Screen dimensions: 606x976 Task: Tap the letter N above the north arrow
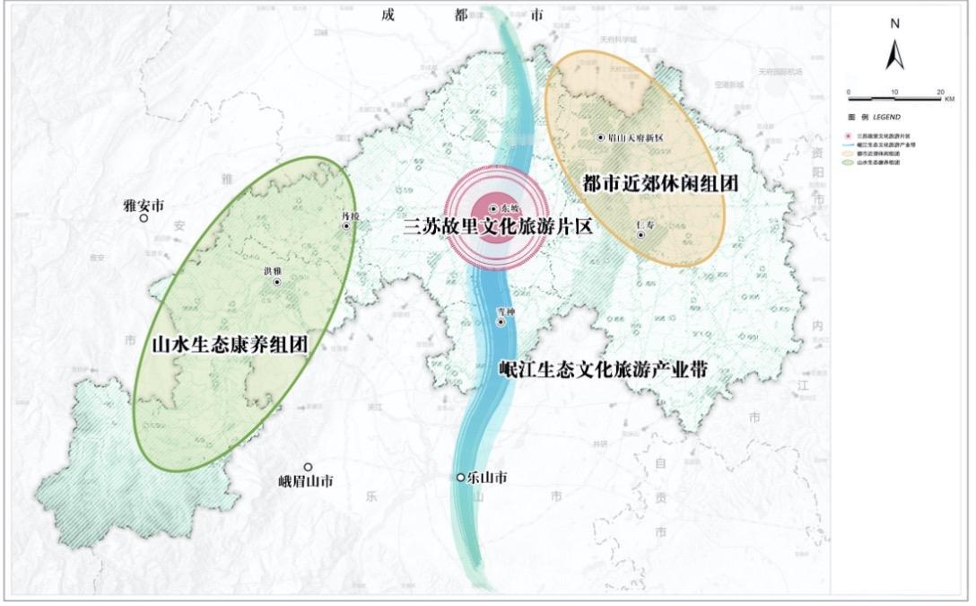(894, 24)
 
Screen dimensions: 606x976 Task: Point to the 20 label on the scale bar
(939, 92)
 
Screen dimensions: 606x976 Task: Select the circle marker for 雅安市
(144, 218)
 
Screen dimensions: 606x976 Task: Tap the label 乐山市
(487, 478)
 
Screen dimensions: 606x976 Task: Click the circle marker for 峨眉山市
(308, 467)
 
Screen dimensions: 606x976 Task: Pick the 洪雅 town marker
(277, 282)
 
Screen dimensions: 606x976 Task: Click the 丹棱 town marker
(346, 226)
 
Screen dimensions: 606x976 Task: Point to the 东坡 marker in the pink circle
(493, 209)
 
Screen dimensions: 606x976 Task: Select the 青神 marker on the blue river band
(501, 321)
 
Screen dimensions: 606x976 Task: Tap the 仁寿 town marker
(640, 235)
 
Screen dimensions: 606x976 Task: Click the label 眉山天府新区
(636, 138)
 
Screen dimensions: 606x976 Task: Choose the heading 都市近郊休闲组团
(660, 183)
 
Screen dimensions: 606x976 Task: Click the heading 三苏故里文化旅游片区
(498, 227)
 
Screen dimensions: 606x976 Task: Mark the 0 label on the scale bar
(848, 92)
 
